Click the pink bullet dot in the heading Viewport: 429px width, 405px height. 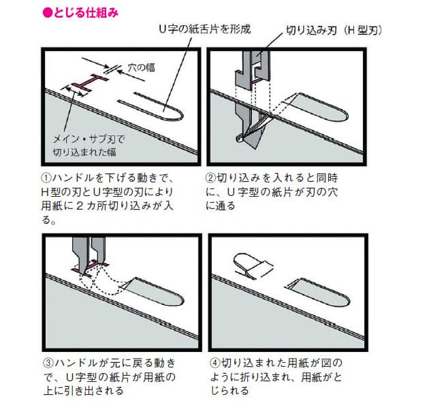pos(48,13)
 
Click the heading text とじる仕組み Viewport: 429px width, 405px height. pos(86,13)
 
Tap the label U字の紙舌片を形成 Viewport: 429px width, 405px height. pos(205,29)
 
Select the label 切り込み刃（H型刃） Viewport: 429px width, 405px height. pos(334,31)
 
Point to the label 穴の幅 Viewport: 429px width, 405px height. pos(142,67)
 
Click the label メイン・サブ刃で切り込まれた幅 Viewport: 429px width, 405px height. pos(89,146)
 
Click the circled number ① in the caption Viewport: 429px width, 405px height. pos(46,178)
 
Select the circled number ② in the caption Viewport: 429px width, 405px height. pos(210,178)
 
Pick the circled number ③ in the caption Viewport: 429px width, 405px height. pos(48,363)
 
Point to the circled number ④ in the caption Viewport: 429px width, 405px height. pos(215,363)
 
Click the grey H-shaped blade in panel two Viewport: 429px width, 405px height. pos(253,69)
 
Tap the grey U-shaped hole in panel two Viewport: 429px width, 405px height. pos(319,107)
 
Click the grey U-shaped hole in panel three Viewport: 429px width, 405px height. pos(155,291)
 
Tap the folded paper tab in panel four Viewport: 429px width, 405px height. pos(253,266)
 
